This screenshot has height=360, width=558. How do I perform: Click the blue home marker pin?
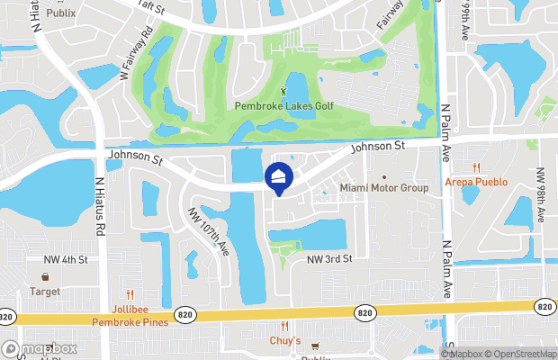tap(279, 177)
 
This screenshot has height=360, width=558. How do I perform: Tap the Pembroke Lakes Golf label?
tap(283, 106)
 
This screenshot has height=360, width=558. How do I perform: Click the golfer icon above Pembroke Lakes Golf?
tap(283, 91)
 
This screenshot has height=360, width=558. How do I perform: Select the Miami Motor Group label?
tap(384, 188)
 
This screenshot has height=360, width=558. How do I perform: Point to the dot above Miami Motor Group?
tap(384, 176)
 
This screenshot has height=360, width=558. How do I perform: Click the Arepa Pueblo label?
tap(476, 182)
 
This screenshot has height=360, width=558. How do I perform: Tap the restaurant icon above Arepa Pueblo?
tap(476, 167)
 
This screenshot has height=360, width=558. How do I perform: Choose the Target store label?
tap(45, 292)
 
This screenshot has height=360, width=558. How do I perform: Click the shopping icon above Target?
tap(45, 278)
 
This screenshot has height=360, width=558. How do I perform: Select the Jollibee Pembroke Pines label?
tap(128, 315)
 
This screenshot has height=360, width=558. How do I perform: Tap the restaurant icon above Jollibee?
tap(130, 294)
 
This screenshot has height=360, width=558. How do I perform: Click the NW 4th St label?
tap(66, 260)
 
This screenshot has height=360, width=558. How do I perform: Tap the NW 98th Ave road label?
tap(542, 195)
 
